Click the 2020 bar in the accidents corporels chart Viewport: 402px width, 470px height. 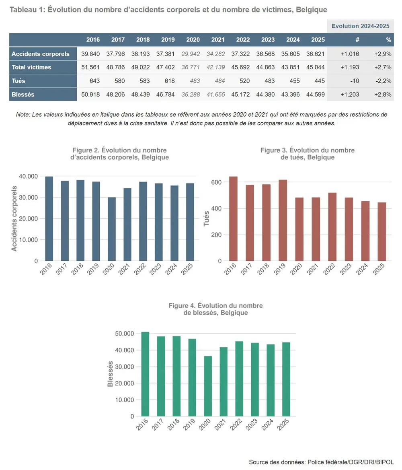click(x=112, y=229)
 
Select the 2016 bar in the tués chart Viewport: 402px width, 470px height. click(x=233, y=219)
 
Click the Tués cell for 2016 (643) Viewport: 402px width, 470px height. click(x=94, y=81)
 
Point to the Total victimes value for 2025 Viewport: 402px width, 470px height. click(x=317, y=67)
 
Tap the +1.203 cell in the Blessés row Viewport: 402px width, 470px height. click(x=349, y=95)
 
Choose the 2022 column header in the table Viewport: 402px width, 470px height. click(x=243, y=40)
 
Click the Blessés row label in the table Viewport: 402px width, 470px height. click(x=23, y=95)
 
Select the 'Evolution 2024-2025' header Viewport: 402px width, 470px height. click(x=360, y=26)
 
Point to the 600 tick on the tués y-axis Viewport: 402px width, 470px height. click(x=216, y=182)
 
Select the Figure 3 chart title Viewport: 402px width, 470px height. click(x=308, y=154)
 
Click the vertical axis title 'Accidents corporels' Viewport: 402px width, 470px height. click(x=14, y=219)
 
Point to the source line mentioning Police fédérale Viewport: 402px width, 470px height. click(x=321, y=462)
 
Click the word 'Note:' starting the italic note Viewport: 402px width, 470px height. click(x=23, y=115)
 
